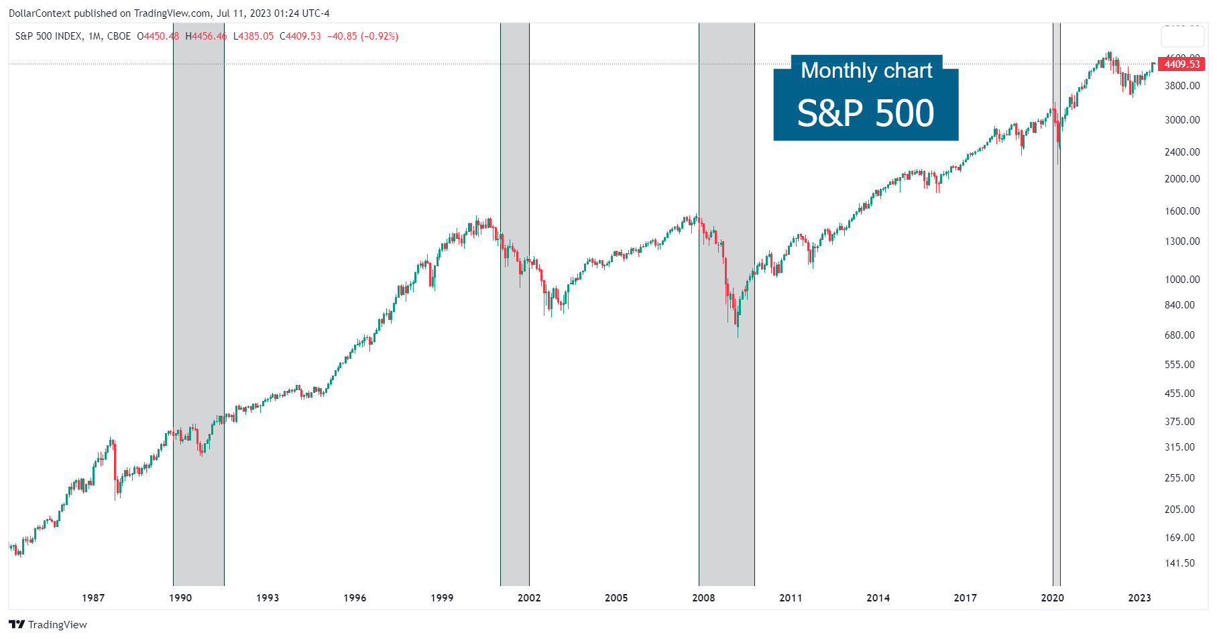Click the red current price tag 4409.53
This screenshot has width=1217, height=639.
1181,64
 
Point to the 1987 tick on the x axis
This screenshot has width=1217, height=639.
93,597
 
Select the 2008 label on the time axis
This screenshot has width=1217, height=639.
703,597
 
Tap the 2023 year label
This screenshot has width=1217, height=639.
1139,597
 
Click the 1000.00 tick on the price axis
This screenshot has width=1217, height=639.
1182,280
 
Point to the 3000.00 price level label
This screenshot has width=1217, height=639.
1182,120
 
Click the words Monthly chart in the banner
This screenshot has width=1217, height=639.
866,70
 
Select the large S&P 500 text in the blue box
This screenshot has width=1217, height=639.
865,113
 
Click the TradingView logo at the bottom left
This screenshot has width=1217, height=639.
48,624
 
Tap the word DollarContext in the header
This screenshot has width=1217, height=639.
40,13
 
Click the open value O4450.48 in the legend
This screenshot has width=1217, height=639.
158,36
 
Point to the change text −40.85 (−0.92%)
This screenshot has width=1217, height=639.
363,36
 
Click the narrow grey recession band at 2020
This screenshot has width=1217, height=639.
1056,335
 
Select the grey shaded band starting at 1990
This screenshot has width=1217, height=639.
198,302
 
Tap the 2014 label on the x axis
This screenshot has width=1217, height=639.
878,597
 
